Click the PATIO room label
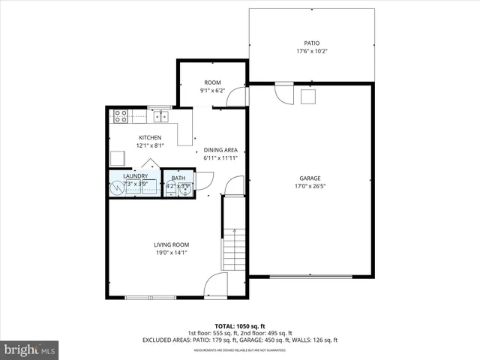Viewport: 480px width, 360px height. (311, 43)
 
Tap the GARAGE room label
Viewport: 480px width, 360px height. (310, 178)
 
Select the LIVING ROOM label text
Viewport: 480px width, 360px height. (171, 244)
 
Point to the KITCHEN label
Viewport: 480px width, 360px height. (150, 137)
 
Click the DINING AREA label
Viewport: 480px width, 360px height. (220, 150)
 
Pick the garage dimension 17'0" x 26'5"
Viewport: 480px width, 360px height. (310, 187)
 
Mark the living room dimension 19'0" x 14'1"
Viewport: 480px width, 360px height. (171, 253)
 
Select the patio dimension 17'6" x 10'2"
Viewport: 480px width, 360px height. (311, 52)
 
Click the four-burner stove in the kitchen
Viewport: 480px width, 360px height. (119, 116)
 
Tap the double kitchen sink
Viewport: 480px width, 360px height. (160, 116)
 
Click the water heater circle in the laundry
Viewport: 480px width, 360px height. (117, 187)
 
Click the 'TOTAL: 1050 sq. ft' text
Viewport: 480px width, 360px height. (240, 325)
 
